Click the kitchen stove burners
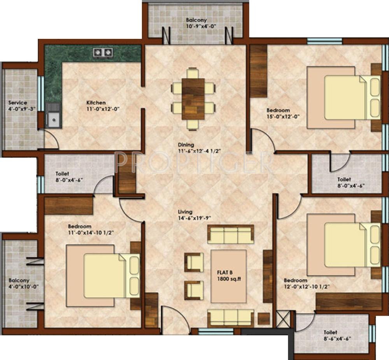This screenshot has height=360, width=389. [x=103, y=52]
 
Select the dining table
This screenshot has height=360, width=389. [x=193, y=99]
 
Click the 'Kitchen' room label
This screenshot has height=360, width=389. [x=96, y=102]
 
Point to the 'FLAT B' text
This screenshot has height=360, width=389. [x=225, y=273]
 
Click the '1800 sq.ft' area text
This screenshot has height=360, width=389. [x=229, y=279]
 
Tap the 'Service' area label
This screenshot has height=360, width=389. [x=18, y=102]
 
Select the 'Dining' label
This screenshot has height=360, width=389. [x=186, y=145]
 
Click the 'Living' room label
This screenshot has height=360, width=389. [x=185, y=212]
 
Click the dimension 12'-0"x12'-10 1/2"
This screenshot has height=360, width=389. [x=307, y=287]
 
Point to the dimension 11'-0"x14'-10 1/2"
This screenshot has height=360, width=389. [x=91, y=232]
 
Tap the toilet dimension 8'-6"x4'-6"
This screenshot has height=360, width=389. [x=337, y=339]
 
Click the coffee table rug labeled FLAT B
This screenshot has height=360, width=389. [x=228, y=276]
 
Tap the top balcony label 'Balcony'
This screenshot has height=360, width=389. [x=196, y=20]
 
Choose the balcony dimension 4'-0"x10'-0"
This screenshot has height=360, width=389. [x=24, y=287]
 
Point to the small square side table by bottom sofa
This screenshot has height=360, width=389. [x=264, y=318]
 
